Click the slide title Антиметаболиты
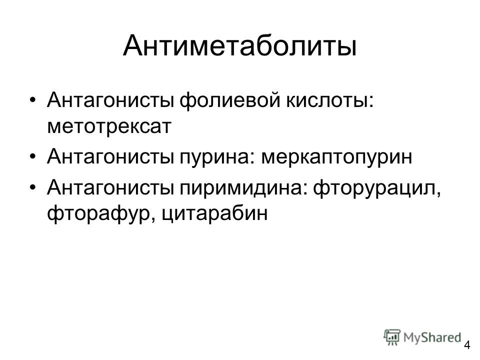[239, 46]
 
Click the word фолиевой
[229, 100]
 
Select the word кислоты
[327, 100]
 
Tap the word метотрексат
[109, 126]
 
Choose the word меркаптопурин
[336, 156]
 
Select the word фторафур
[97, 213]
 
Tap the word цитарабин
[214, 213]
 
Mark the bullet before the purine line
[33, 156]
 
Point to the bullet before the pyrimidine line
[33, 187]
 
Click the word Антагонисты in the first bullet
[110, 100]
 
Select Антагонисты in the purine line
[110, 156]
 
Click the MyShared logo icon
[392, 337]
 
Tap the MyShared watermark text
[432, 337]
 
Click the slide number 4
[467, 345]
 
